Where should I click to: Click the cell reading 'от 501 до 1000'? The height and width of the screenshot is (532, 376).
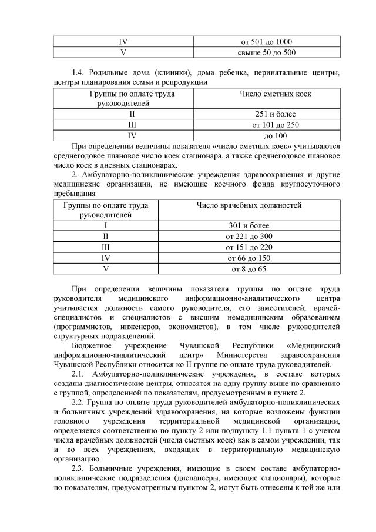pos(267,42)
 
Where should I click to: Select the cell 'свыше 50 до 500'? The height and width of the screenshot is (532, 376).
pos(267,52)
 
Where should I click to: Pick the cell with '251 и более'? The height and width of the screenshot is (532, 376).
pos(267,114)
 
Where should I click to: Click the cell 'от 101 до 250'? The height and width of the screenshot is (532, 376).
pos(267,125)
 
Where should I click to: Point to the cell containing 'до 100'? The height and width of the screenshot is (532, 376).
pos(267,135)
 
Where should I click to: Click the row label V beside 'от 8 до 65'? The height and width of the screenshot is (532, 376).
pos(106,268)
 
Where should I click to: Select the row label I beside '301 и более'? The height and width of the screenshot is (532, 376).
pos(106,226)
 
